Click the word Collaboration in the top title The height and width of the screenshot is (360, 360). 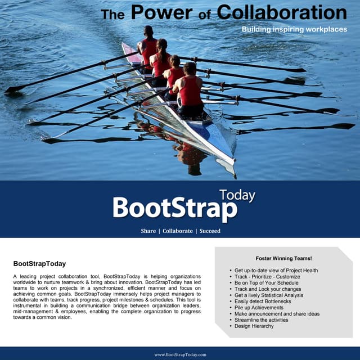click(x=282, y=12)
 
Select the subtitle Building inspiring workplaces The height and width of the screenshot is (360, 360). click(x=294, y=29)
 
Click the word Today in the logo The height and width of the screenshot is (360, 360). click(x=237, y=195)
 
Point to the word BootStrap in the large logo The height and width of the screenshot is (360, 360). click(x=174, y=209)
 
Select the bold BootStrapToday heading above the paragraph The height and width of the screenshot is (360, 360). click(x=39, y=263)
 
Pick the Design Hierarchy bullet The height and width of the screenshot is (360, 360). click(x=254, y=326)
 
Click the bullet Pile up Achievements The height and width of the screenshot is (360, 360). click(x=259, y=308)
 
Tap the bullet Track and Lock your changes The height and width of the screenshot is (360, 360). click(x=268, y=289)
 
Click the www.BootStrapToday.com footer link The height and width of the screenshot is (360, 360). click(x=180, y=354)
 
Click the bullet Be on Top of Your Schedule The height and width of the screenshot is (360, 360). click(x=267, y=283)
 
